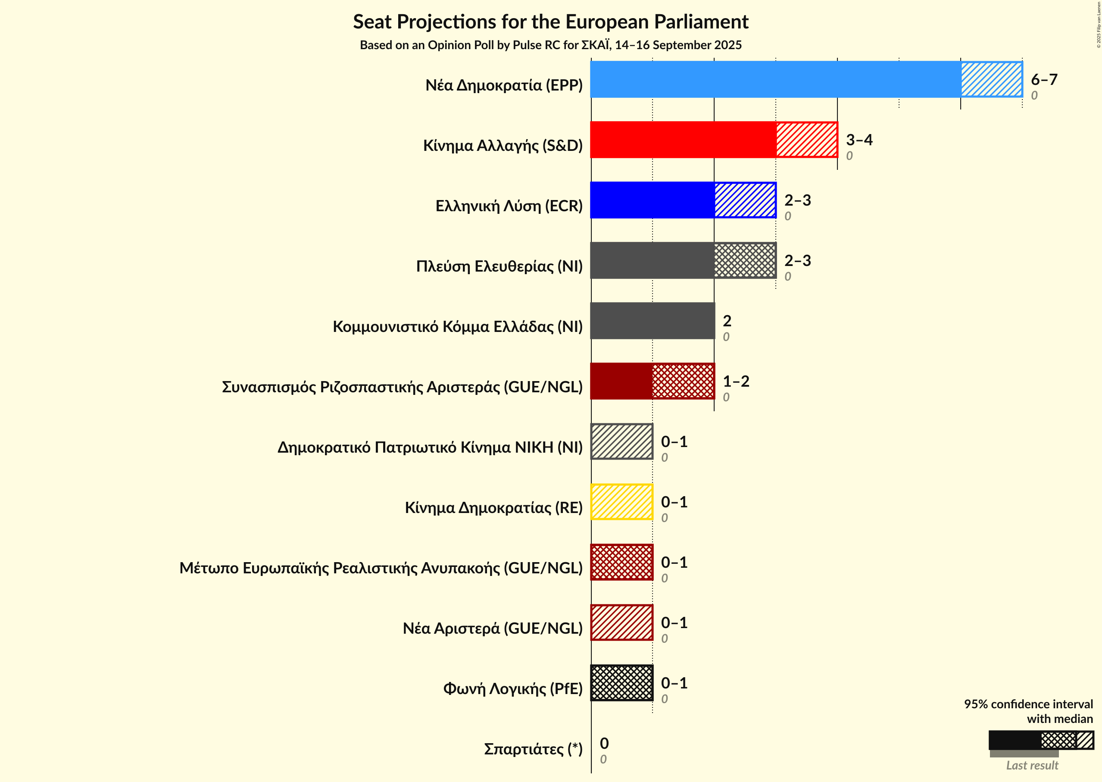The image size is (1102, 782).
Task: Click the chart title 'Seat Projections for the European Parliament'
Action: (550, 22)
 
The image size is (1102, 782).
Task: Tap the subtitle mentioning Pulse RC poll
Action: (550, 45)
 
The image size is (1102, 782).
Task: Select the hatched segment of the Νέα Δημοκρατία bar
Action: (991, 79)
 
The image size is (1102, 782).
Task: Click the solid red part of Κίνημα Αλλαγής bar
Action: (683, 140)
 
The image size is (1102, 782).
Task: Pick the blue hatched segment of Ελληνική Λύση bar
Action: (745, 200)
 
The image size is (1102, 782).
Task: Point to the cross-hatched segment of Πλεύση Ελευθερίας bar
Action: (745, 260)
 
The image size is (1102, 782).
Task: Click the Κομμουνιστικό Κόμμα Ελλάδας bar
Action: (652, 321)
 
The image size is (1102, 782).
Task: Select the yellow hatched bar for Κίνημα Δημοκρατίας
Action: (621, 502)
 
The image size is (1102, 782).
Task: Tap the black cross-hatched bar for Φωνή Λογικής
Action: (621, 683)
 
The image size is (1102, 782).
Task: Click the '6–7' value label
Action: (1044, 79)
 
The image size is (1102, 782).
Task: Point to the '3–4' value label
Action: (859, 140)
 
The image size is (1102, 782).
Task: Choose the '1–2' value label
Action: (736, 382)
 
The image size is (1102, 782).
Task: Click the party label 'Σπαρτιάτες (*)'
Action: (533, 749)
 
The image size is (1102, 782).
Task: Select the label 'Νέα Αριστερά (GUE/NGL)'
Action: (493, 629)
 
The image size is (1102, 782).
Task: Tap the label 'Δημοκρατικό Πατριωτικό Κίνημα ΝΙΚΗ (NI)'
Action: (430, 447)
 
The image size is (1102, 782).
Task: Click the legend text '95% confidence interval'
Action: (1028, 704)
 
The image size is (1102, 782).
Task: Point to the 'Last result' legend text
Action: (1032, 766)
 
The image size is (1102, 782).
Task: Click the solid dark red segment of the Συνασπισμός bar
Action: (621, 382)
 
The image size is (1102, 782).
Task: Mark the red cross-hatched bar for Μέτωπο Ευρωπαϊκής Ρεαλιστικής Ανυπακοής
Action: (621, 562)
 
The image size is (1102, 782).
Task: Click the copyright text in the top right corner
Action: (1098, 25)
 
